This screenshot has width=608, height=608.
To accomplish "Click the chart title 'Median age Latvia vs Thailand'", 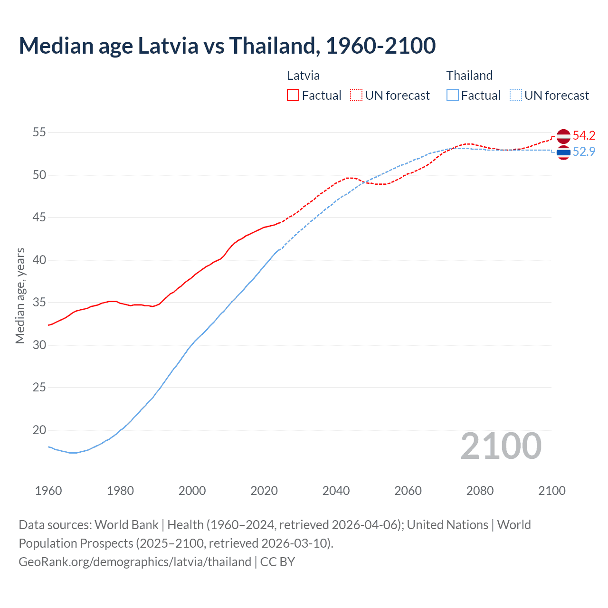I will [x=227, y=46].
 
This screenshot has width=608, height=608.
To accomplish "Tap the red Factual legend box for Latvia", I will [x=293, y=95].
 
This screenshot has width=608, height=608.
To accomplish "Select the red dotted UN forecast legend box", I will [x=356, y=95].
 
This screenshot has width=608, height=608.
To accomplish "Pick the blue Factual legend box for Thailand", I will [x=453, y=95].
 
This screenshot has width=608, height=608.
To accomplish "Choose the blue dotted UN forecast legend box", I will [x=516, y=95].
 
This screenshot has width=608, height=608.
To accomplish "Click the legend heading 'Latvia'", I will [x=303, y=76].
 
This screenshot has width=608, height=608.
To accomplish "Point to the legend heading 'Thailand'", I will [x=469, y=76].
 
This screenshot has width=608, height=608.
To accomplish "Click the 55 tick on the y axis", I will [x=39, y=132].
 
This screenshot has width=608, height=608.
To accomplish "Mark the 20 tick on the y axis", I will [x=39, y=430].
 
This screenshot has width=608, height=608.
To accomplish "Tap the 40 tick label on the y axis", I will [x=39, y=260].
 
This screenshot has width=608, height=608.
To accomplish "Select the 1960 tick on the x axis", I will [x=48, y=491].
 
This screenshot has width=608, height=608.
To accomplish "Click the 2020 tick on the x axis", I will [x=264, y=491].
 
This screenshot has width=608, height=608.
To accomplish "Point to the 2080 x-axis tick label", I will [x=480, y=491].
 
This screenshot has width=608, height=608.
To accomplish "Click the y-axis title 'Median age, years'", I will [x=20, y=295].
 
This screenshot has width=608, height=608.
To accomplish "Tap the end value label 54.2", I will [x=584, y=135].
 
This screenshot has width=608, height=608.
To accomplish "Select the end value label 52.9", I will [x=584, y=152].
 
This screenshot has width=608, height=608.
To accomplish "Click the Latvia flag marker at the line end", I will [x=563, y=136].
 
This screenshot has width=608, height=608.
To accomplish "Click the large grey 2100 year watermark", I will [x=501, y=446].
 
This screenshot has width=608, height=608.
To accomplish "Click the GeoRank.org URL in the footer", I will [x=135, y=561].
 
